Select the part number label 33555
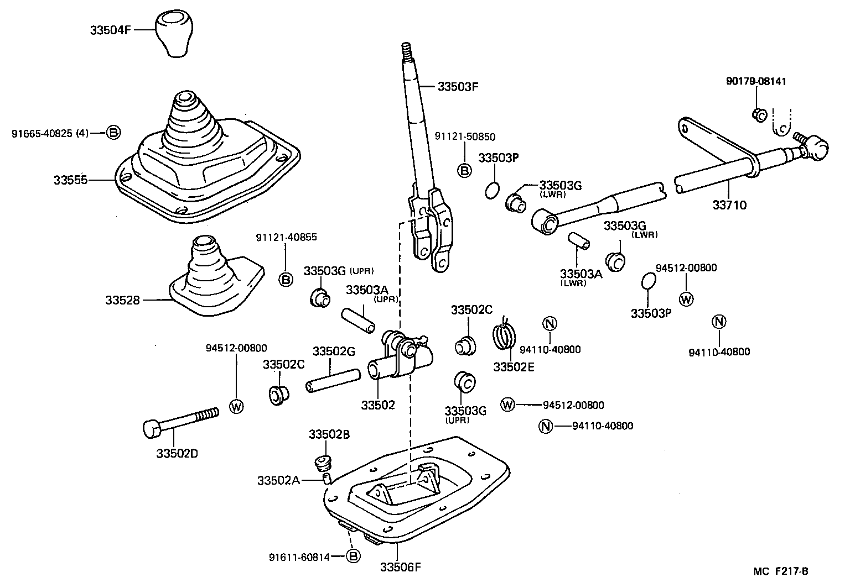[70, 180]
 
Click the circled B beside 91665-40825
[113, 133]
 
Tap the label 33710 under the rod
[729, 205]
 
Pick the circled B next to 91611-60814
[353, 556]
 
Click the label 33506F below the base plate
[401, 567]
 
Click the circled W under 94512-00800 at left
[236, 407]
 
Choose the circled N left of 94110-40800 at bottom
[546, 426]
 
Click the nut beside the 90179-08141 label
[758, 115]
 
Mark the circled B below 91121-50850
[464, 171]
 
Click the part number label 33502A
[278, 481]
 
